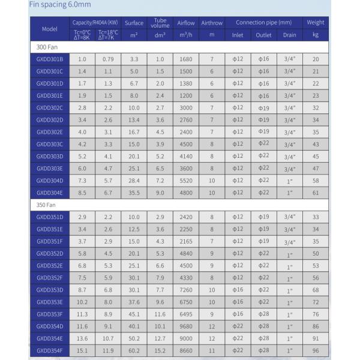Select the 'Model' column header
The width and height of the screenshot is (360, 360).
coord(49,29)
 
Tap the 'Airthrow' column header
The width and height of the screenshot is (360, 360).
coord(211,23)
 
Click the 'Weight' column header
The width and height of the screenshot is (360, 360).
coord(315,23)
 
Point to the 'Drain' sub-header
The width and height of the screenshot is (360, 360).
coord(289,35)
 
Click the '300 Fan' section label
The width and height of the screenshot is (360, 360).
coord(47,47)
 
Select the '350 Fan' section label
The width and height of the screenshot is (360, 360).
coord(47,205)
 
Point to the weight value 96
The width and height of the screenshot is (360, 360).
coord(315,350)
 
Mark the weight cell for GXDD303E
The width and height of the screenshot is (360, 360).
coord(315,169)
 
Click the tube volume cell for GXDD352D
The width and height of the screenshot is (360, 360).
coord(160,253)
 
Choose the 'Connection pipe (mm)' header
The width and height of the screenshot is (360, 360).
coord(263,23)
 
